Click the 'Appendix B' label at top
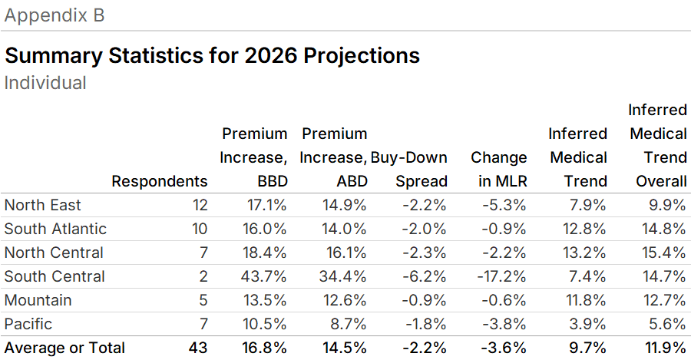(x=55, y=15)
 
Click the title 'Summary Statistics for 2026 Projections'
(x=212, y=56)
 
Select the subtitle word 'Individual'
(x=45, y=82)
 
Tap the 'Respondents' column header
(x=160, y=181)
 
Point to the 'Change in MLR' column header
(x=498, y=169)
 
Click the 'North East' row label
(x=42, y=205)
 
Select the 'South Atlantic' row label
(x=55, y=229)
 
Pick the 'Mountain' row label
(x=38, y=300)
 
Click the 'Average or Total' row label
(x=64, y=348)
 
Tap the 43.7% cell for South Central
(x=266, y=276)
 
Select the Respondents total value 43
(x=198, y=348)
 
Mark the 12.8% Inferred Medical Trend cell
(x=584, y=229)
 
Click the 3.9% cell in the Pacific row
(x=587, y=324)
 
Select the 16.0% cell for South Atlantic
(x=266, y=229)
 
